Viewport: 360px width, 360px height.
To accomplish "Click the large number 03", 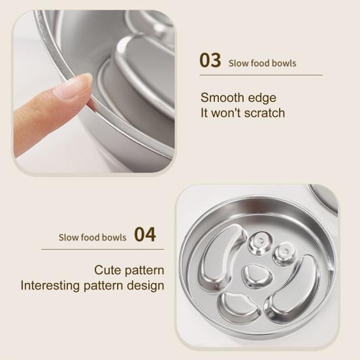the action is (x=210, y=60).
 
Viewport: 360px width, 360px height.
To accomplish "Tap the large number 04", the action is (x=145, y=234).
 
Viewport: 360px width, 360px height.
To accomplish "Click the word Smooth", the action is (x=219, y=97).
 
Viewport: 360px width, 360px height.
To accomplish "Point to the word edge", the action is (x=259, y=99).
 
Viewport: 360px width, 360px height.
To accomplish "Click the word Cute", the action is (x=108, y=270).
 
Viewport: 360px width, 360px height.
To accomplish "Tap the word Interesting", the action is (x=50, y=286).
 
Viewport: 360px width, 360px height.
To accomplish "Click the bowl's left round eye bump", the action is (x=260, y=242).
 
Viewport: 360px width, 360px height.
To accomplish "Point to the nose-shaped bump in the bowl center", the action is (x=257, y=276).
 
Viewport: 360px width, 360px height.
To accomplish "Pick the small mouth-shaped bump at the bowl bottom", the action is (x=238, y=306).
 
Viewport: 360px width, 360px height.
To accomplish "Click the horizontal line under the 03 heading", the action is (x=261, y=75).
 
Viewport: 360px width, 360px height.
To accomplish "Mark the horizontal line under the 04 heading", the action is (x=103, y=249).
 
